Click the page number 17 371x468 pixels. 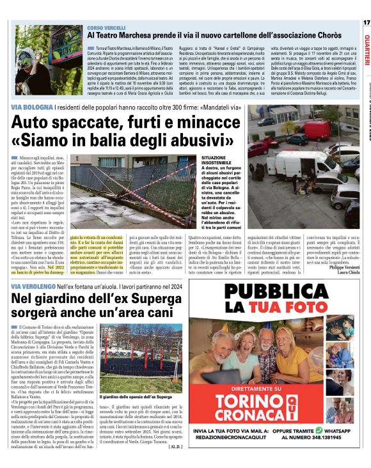pos(366,22)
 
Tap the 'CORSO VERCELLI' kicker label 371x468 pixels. pos(108,29)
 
